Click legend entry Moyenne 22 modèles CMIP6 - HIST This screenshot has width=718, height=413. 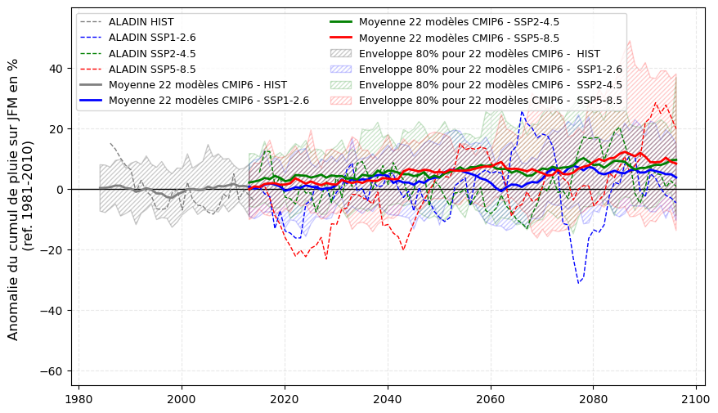197,84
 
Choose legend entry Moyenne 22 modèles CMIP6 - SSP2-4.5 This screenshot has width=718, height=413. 459,22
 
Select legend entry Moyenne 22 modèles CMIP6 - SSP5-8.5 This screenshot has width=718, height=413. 459,38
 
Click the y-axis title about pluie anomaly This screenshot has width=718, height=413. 20,199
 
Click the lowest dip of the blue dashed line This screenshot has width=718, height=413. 578,283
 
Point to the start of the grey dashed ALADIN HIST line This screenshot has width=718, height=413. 110,143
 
